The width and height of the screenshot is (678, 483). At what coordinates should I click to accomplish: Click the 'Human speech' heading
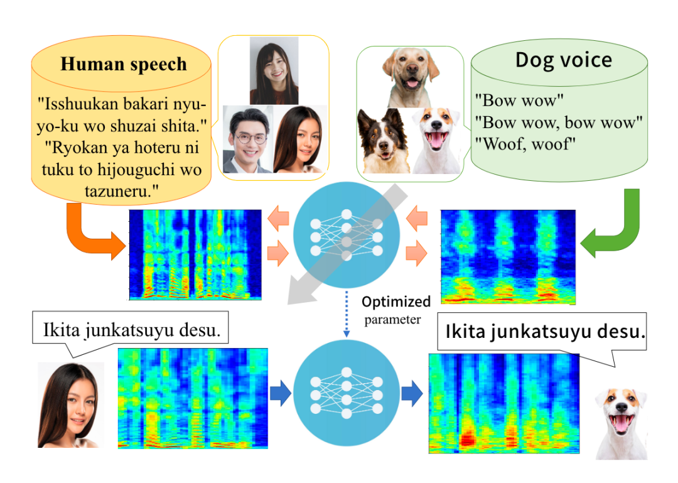coord(123,63)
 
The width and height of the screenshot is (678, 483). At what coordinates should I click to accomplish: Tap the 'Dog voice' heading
coord(563,60)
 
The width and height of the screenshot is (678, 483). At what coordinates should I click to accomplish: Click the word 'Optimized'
coord(396,301)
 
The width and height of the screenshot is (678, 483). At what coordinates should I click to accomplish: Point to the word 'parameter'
coord(393,319)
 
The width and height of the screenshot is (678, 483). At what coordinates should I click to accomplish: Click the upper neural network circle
coord(346,236)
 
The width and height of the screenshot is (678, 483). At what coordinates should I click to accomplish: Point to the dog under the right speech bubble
coord(620,418)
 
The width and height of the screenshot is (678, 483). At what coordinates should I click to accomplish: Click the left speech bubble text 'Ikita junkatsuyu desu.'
coord(131,330)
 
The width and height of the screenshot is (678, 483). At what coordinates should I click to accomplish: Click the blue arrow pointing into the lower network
coord(280,394)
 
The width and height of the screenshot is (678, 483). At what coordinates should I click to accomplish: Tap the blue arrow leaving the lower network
coord(411,394)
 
